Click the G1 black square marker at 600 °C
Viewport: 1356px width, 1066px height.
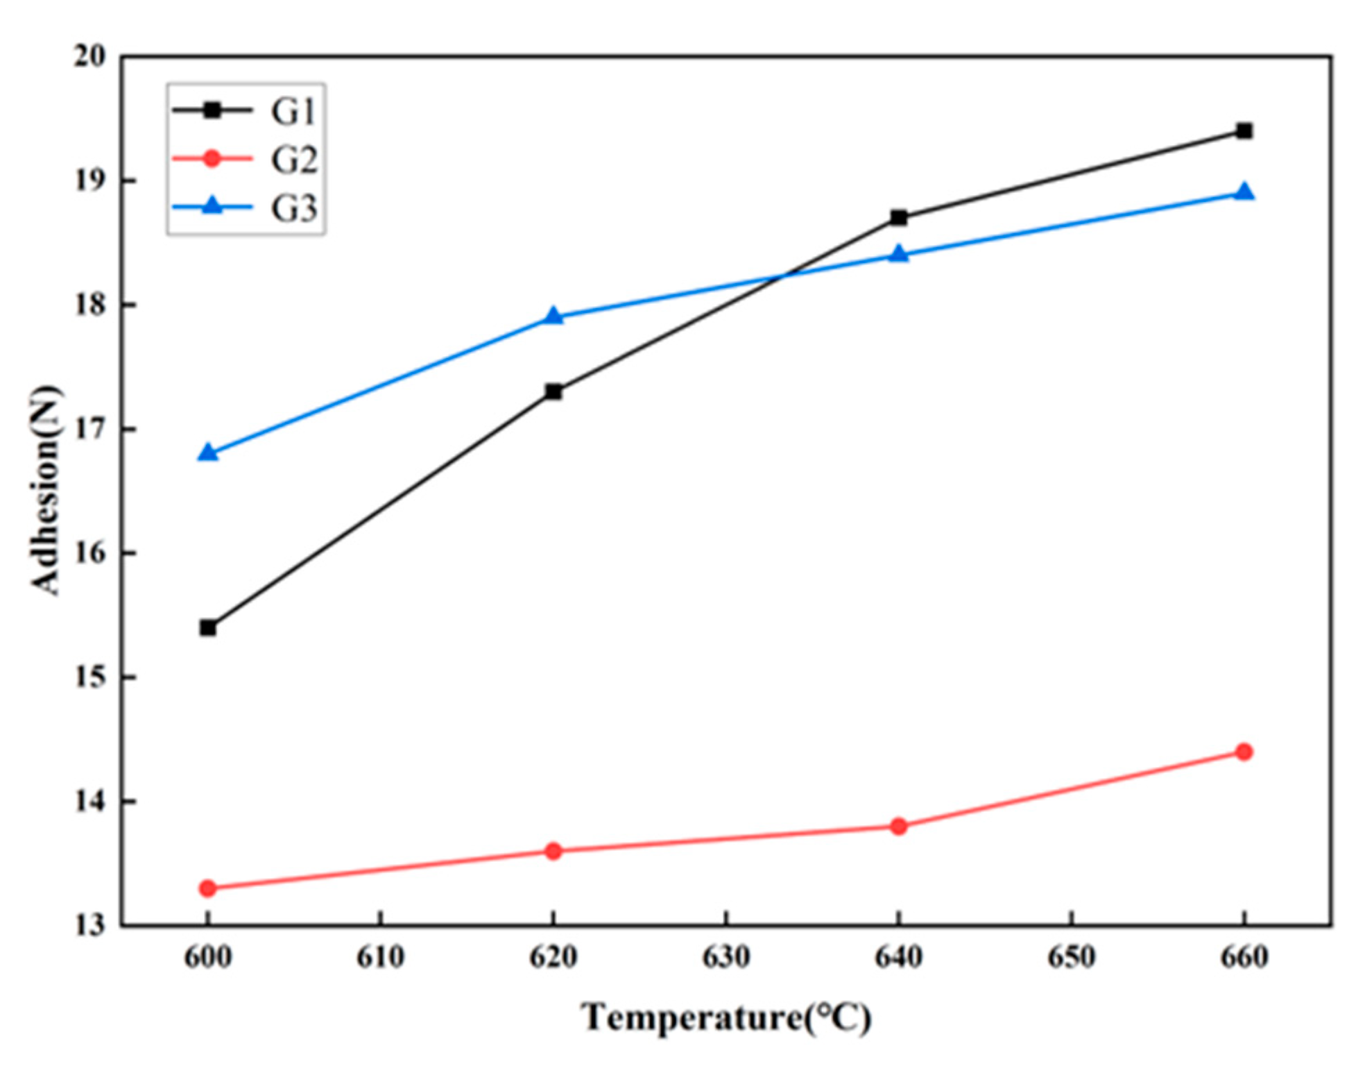[207, 628]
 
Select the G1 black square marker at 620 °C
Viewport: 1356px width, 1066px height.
[553, 392]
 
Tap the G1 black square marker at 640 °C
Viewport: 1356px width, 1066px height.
[899, 218]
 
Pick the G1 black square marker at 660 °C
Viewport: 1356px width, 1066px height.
[1244, 131]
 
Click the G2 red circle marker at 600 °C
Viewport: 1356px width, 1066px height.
[207, 888]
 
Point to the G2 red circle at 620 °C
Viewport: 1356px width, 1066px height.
[553, 851]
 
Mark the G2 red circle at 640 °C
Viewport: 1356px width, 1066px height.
[899, 826]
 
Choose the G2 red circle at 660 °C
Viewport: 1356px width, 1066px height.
[1244, 752]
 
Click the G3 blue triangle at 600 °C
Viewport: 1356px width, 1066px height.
[207, 453]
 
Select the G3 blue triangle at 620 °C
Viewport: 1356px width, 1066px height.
[553, 316]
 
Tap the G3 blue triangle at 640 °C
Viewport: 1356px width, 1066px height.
[899, 255]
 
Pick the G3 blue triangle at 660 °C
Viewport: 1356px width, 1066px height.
[1244, 192]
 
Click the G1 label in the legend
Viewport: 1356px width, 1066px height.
[293, 112]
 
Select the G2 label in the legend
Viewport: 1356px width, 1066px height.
[293, 160]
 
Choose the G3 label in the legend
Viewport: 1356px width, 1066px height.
[293, 208]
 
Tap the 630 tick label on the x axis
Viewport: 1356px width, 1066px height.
[726, 958]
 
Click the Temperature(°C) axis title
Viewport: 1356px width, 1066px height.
[726, 1018]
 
